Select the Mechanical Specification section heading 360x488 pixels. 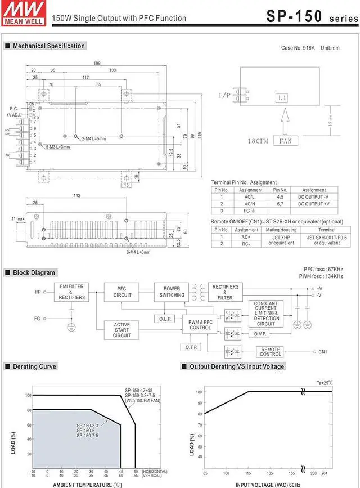coord(49,46)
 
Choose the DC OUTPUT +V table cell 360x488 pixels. coord(314,204)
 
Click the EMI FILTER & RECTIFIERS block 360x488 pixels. coord(72,292)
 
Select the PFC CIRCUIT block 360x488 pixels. coord(122,292)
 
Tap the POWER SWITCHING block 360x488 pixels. coord(172,292)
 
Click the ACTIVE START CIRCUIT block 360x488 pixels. coord(122,330)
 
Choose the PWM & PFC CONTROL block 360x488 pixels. coord(200,324)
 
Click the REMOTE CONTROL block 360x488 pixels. coord(271,352)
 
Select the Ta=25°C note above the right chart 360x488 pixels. coord(325,383)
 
